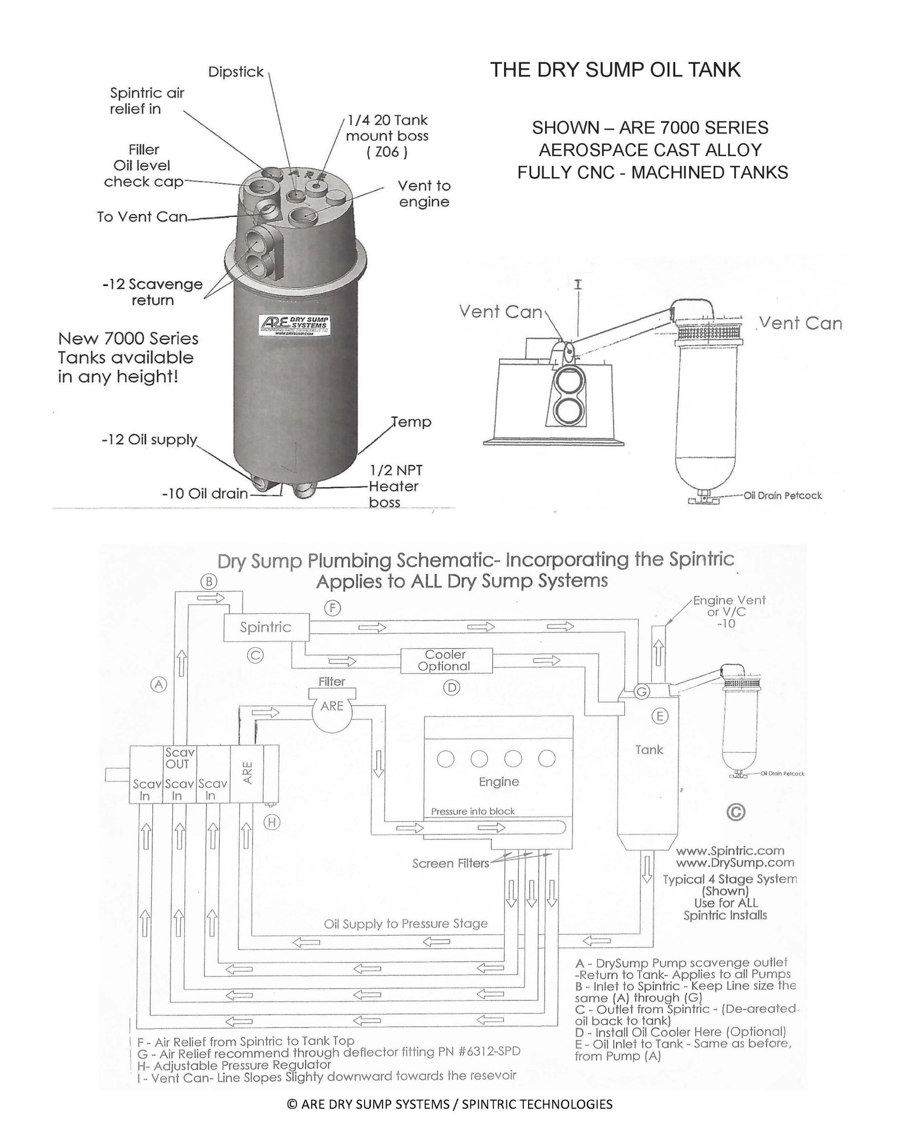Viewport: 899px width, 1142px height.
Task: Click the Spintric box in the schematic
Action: pyautogui.click(x=266, y=628)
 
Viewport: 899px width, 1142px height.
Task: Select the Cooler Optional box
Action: pyautogui.click(x=445, y=661)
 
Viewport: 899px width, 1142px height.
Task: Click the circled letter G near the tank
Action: pyautogui.click(x=642, y=692)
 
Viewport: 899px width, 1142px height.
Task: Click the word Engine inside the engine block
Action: pyautogui.click(x=499, y=782)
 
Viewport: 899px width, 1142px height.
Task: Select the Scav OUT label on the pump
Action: pyautogui.click(x=177, y=759)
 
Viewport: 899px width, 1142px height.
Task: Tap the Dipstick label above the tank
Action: pyautogui.click(x=236, y=72)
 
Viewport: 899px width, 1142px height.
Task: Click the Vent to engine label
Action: pyautogui.click(x=424, y=194)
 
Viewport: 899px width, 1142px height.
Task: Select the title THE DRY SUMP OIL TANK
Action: pyautogui.click(x=615, y=70)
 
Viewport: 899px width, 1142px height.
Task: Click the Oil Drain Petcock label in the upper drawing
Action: pyautogui.click(x=783, y=495)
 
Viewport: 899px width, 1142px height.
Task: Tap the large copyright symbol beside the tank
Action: pyautogui.click(x=736, y=812)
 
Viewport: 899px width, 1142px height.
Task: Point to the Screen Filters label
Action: pyautogui.click(x=451, y=863)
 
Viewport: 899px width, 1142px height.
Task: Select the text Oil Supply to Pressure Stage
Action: pyautogui.click(x=406, y=924)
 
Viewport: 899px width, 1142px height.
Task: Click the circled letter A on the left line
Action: pyautogui.click(x=159, y=684)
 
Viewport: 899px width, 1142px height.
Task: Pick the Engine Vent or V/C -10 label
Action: pyautogui.click(x=729, y=612)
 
